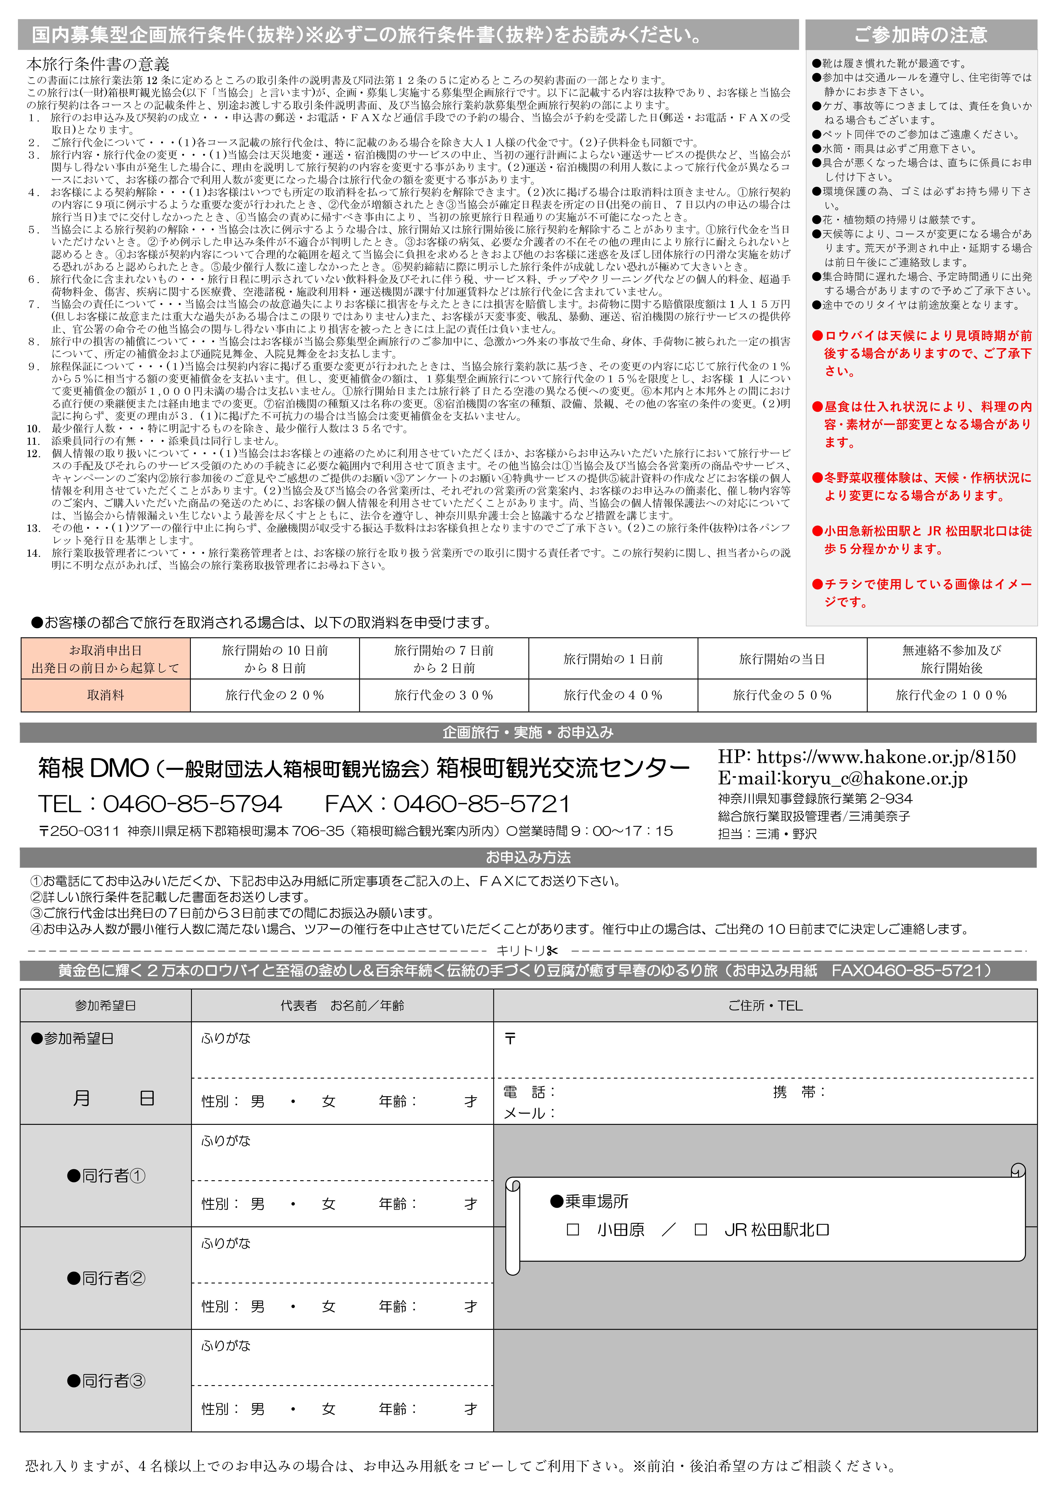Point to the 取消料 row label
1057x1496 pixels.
106,695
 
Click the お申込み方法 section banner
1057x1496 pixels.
528,857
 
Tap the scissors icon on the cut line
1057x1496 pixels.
553,951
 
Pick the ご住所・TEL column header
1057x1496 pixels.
765,1005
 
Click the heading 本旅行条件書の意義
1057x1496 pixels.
98,64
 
